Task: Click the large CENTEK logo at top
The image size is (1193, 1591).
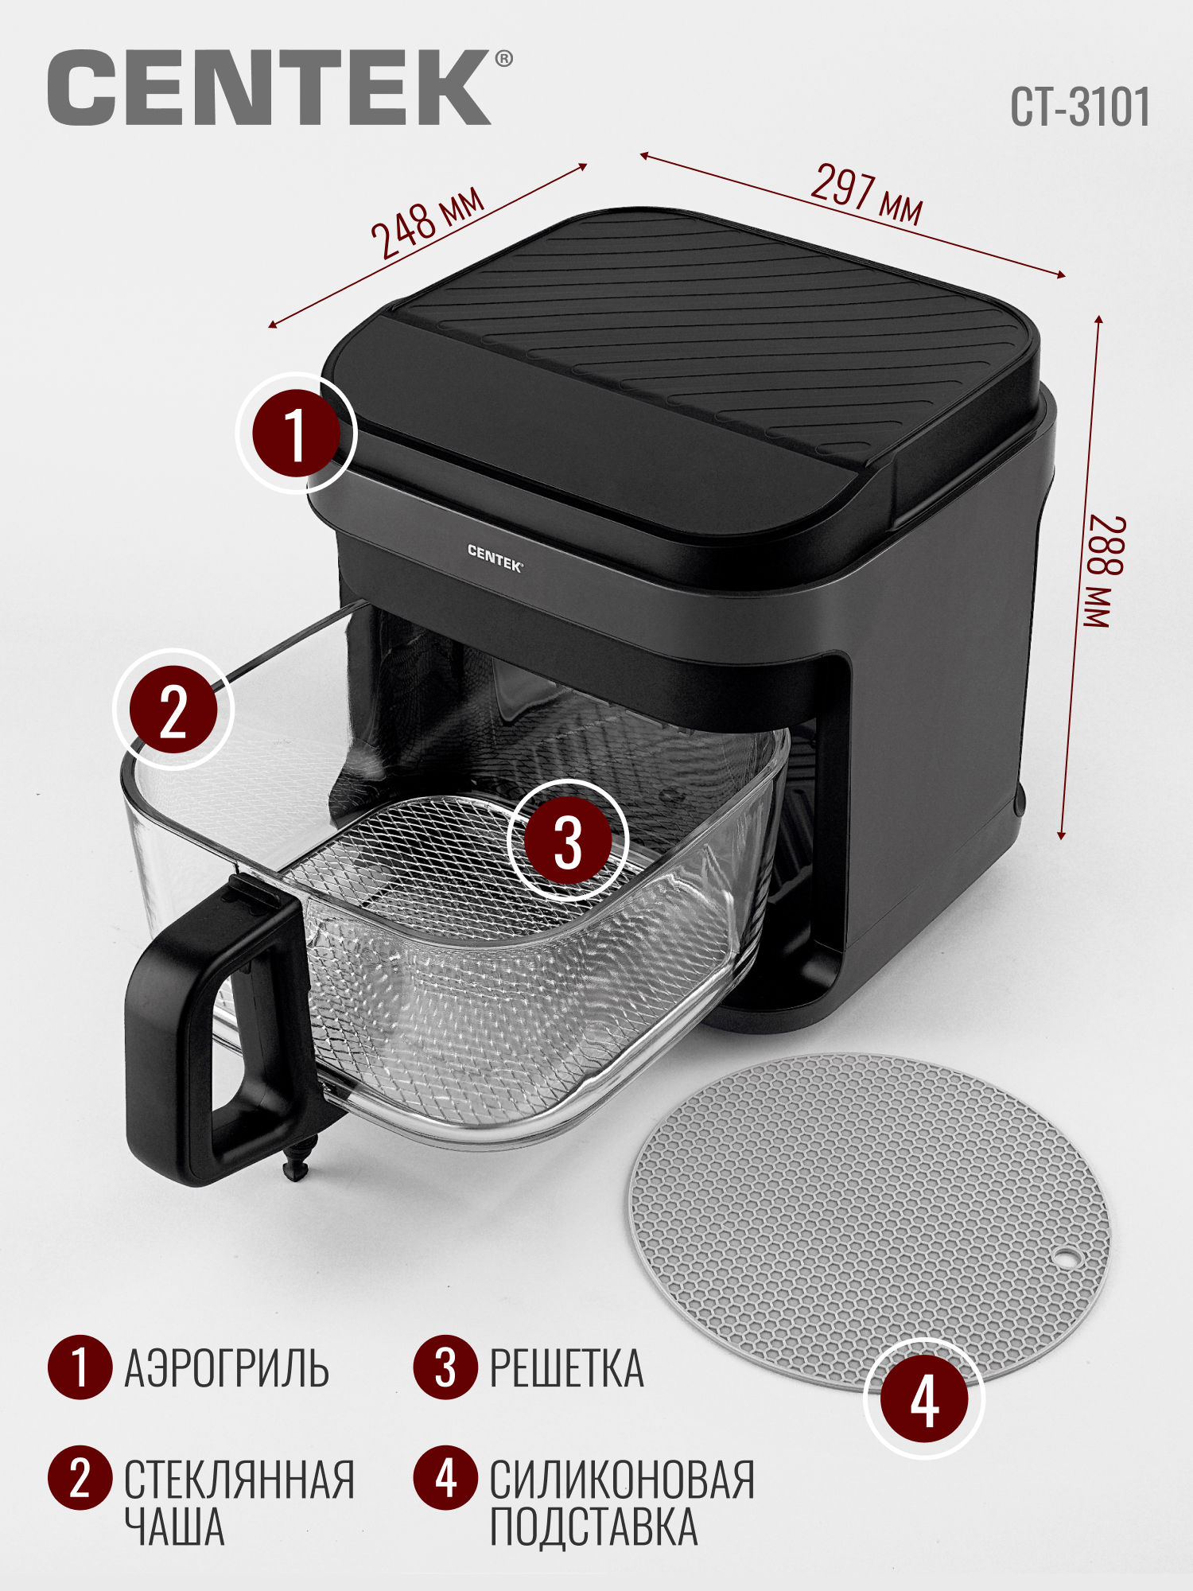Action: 269,87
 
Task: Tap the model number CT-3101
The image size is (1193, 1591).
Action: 1079,107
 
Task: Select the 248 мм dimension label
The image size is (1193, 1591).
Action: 427,223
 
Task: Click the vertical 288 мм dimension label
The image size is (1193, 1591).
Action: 1106,572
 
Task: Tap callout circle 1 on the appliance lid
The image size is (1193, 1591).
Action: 296,434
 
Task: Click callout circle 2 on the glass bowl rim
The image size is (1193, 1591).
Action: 174,710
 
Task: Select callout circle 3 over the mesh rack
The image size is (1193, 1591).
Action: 568,840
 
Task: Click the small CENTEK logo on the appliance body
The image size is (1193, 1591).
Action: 494,558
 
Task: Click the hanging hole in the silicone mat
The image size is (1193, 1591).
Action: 1064,1258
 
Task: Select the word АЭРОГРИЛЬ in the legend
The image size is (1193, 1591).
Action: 227,1368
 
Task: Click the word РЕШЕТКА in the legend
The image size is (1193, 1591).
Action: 566,1368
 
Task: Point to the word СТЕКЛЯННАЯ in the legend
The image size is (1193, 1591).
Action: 239,1480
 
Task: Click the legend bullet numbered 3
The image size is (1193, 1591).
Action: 445,1367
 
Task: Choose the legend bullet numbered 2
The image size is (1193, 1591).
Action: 80,1478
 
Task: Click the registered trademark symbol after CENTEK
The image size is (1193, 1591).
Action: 504,59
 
